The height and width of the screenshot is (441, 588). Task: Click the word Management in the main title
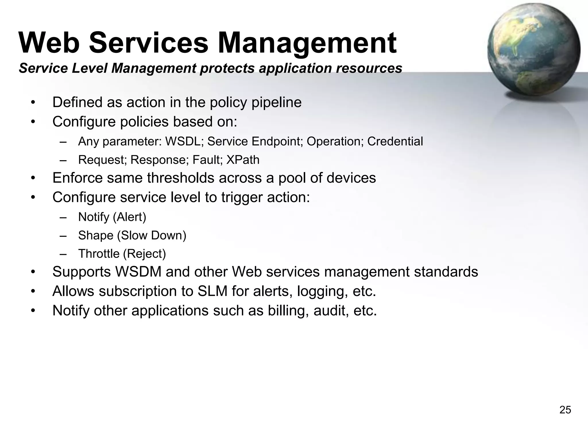pyautogui.click(x=307, y=43)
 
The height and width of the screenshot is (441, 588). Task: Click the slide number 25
pyautogui.click(x=565, y=410)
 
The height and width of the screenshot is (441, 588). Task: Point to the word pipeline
pyautogui.click(x=276, y=102)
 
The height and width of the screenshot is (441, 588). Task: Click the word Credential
pyautogui.click(x=395, y=142)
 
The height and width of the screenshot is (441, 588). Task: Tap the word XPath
pyautogui.click(x=243, y=160)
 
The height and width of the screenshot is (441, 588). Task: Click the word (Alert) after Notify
pyautogui.click(x=129, y=217)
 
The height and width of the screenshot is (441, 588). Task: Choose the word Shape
pyautogui.click(x=96, y=235)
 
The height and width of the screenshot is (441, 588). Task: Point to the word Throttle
pyautogui.click(x=99, y=254)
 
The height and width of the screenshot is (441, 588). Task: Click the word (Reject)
pyautogui.click(x=144, y=254)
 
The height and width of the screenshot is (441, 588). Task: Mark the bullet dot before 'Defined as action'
pyautogui.click(x=33, y=103)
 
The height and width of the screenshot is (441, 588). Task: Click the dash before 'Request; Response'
pyautogui.click(x=63, y=160)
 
